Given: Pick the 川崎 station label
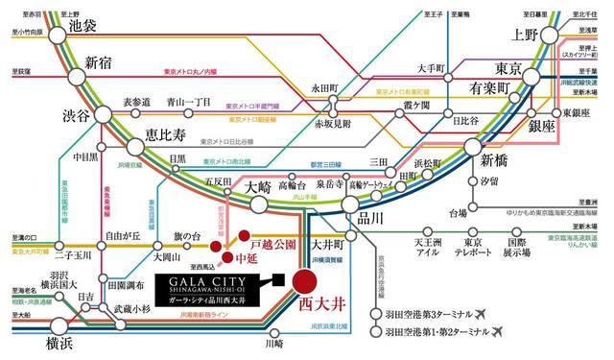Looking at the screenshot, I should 274,343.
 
